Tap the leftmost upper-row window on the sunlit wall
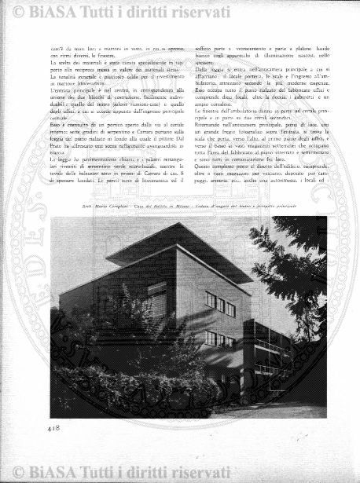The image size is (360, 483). click(210, 299)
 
